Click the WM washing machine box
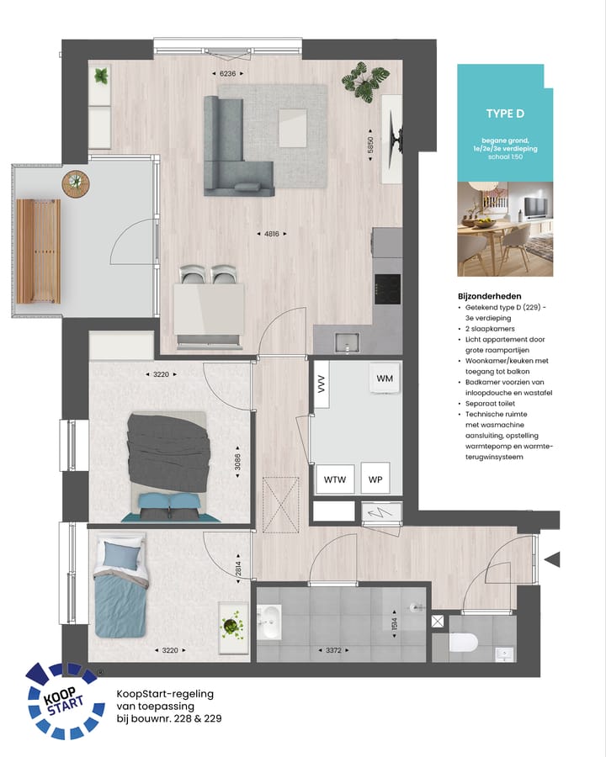pyautogui.click(x=385, y=379)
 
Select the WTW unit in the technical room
pyautogui.click(x=334, y=479)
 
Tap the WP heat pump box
pyautogui.click(x=375, y=479)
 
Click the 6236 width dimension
pyautogui.click(x=228, y=74)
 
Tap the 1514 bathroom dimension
pyautogui.click(x=394, y=624)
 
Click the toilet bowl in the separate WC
pyautogui.click(x=463, y=643)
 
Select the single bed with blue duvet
pyautogui.click(x=120, y=584)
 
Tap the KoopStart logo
pyautogui.click(x=63, y=700)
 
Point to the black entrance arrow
pyautogui.click(x=552, y=558)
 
